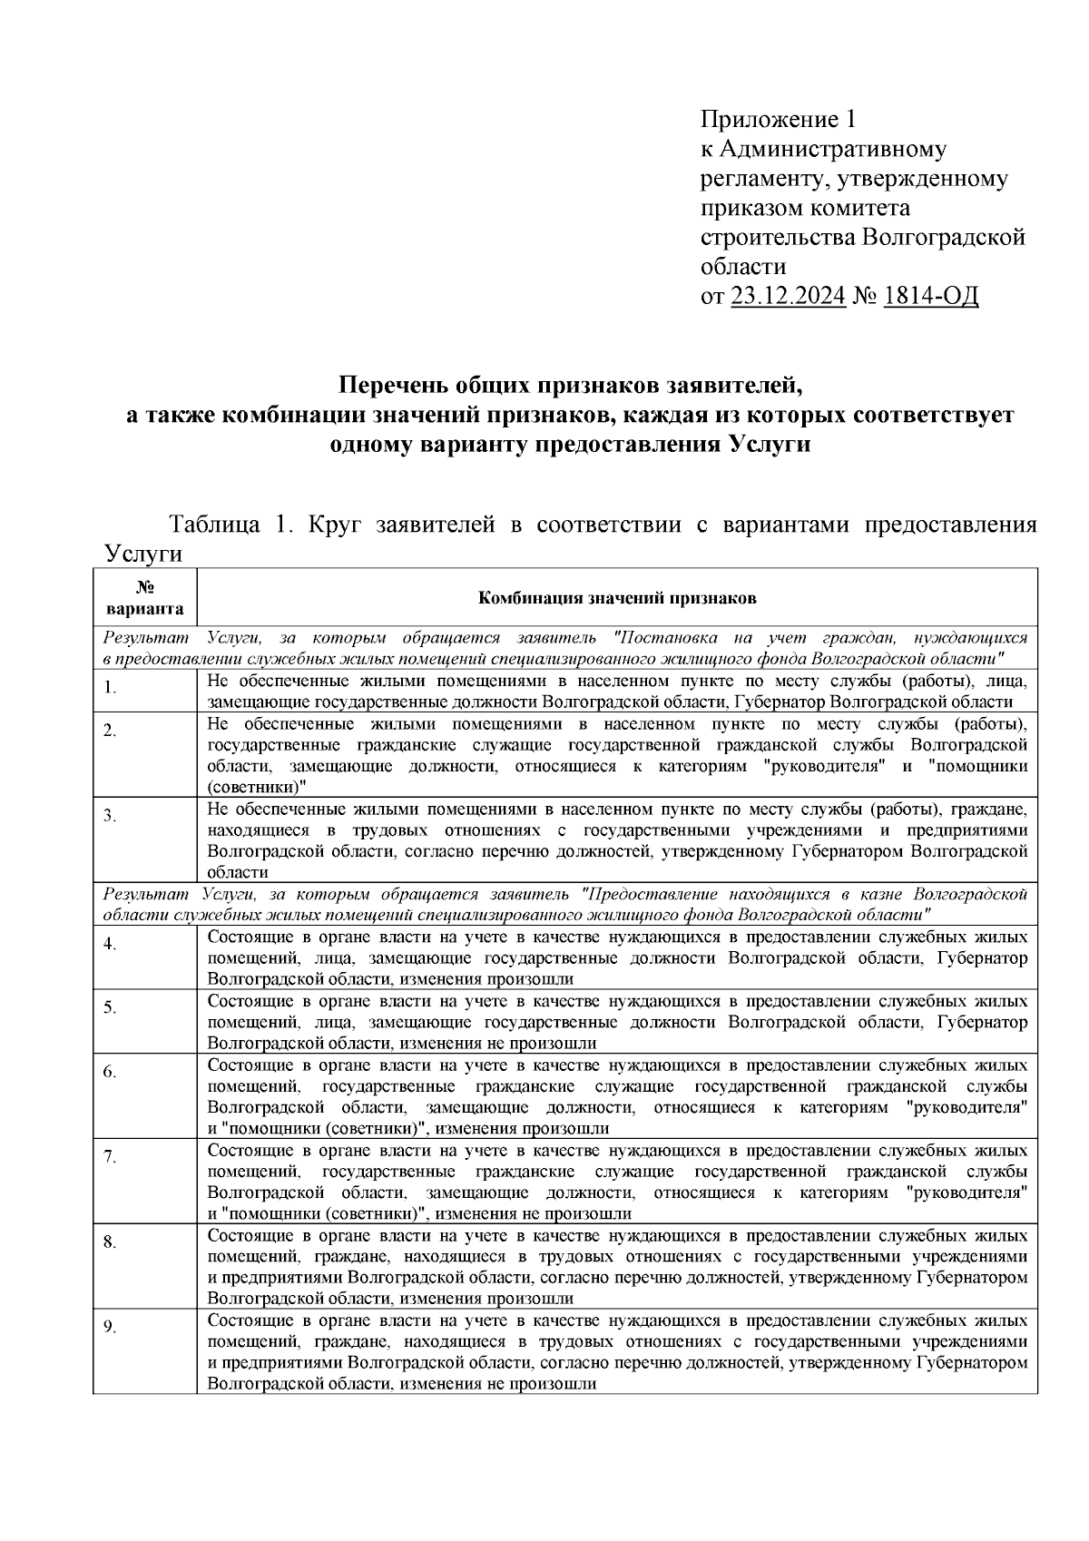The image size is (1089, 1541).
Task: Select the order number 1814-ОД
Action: click(930, 296)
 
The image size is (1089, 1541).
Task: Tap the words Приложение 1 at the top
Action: click(778, 120)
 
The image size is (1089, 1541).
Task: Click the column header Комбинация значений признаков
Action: click(617, 598)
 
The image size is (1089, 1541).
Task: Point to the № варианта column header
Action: click(144, 598)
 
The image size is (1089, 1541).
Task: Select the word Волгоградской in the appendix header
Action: click(943, 238)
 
